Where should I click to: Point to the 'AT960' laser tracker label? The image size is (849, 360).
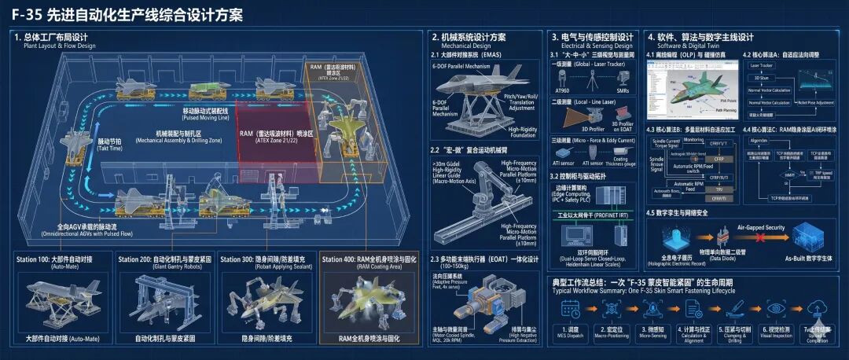coord(564,92)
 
